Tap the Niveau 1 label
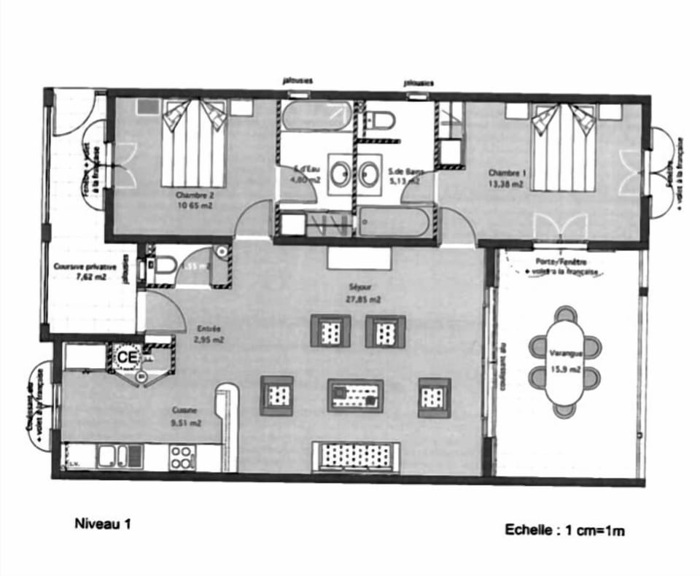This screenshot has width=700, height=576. [103, 523]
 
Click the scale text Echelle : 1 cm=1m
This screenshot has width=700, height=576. [564, 531]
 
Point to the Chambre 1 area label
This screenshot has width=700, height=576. [506, 179]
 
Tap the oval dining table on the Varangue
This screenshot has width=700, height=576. [565, 362]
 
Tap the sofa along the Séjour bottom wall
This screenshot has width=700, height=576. [355, 456]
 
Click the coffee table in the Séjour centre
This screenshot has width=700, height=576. [355, 395]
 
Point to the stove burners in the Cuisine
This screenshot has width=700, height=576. [182, 456]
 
